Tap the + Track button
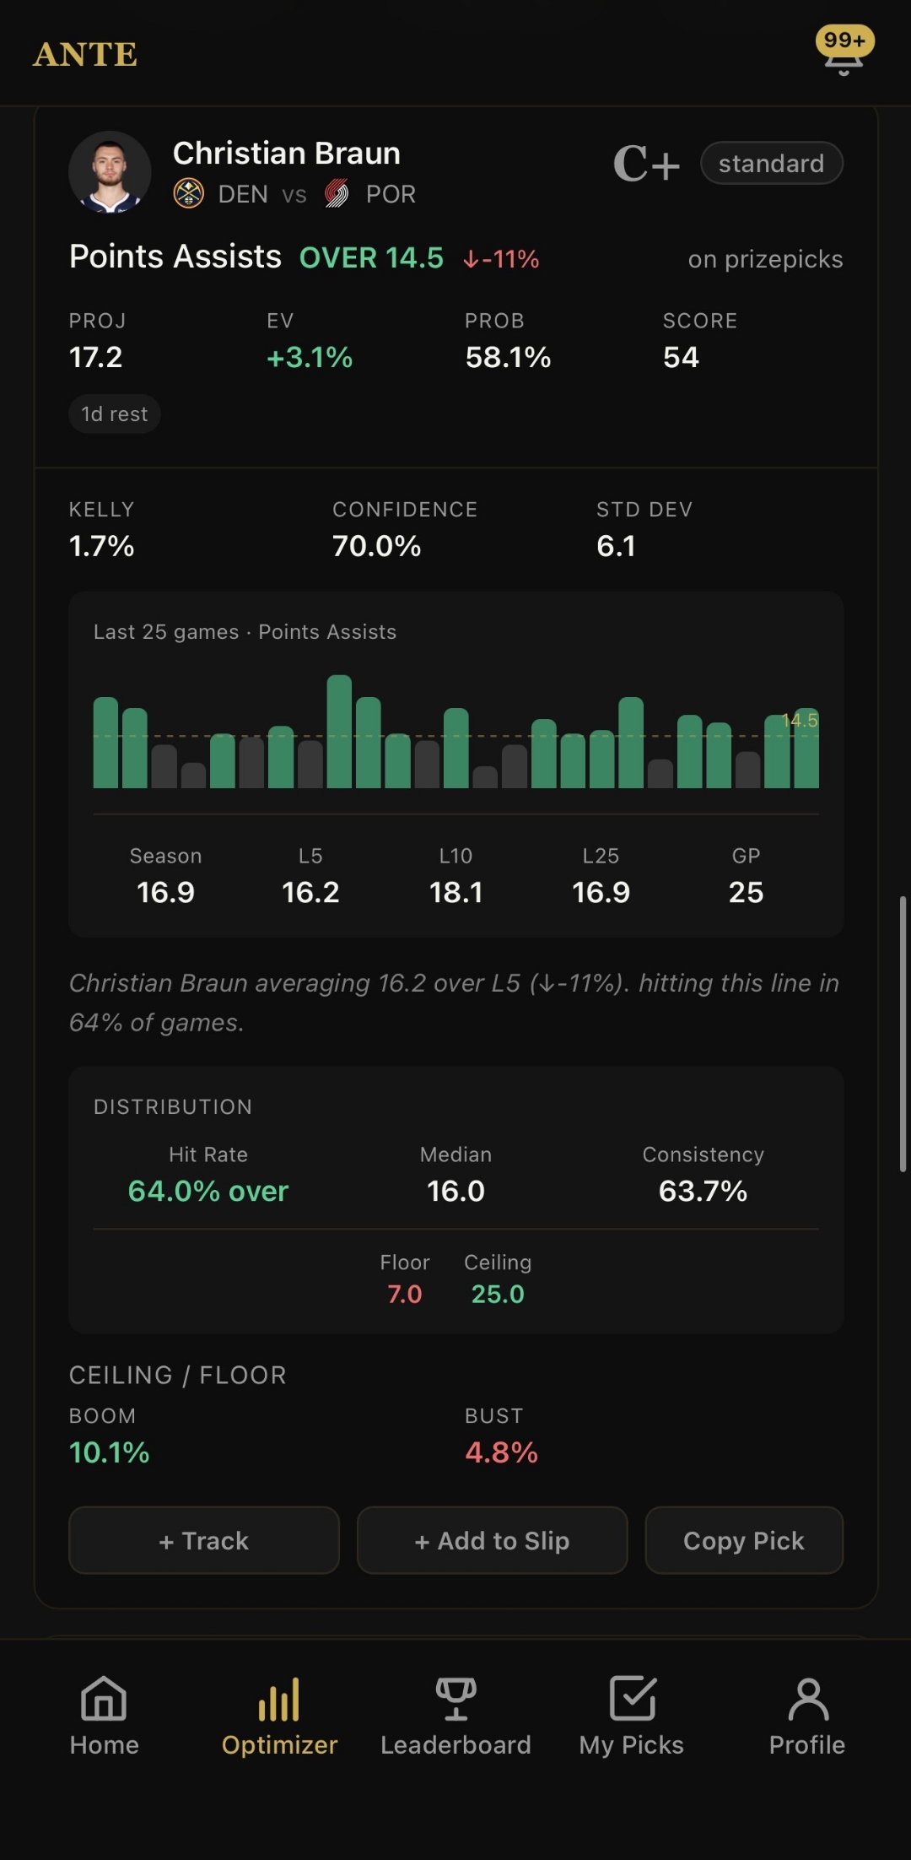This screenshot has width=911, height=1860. coord(203,1540)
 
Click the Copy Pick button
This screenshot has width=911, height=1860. coord(743,1540)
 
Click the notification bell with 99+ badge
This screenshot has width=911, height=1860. coord(844,52)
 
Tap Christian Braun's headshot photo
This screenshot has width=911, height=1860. coord(110,172)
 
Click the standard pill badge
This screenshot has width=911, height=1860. coord(771,163)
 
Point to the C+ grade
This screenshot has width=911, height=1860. coord(645,164)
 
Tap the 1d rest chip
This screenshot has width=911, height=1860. coord(114,414)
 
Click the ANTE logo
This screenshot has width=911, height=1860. coord(85,55)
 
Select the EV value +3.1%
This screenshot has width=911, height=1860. coord(310,358)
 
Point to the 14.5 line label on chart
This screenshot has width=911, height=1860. coord(800,720)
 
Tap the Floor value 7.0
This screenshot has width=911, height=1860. coord(404,1294)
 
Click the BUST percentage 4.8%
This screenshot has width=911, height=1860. coord(501,1452)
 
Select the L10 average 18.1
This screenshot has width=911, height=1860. coord(455,892)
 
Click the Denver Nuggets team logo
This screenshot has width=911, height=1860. coord(188,194)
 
